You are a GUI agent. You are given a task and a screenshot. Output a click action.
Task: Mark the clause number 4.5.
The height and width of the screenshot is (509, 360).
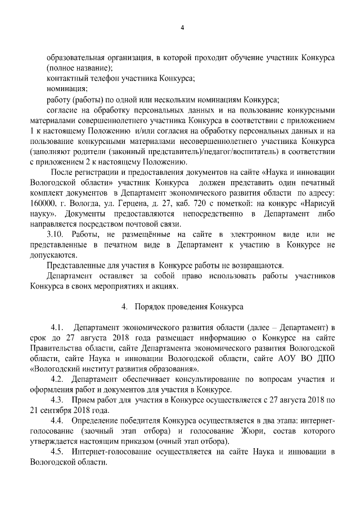point(60,452)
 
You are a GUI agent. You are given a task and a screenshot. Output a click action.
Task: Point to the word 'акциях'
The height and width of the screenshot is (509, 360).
point(164,286)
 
